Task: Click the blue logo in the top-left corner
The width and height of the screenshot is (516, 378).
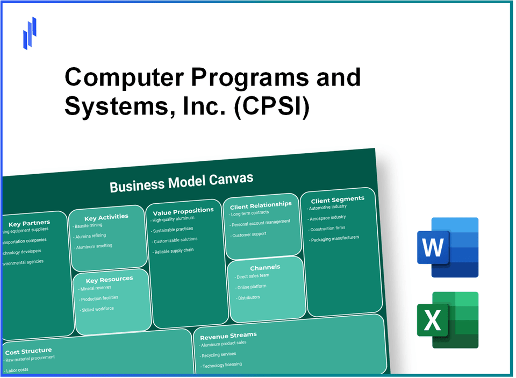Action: click(x=30, y=33)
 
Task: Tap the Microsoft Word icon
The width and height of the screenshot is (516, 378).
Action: click(x=447, y=247)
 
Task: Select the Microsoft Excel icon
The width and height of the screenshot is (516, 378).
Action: click(x=447, y=320)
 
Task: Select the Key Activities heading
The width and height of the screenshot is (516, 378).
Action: click(x=106, y=217)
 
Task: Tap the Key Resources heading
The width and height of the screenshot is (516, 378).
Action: click(x=109, y=279)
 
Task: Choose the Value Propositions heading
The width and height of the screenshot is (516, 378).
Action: click(x=179, y=210)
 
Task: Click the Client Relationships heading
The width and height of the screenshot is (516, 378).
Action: click(x=261, y=205)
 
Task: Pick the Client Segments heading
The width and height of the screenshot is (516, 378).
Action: click(x=337, y=199)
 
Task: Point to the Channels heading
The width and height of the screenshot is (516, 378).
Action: click(x=265, y=267)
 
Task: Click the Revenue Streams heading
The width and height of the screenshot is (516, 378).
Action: click(x=228, y=336)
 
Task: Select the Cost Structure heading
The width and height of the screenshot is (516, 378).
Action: click(x=28, y=351)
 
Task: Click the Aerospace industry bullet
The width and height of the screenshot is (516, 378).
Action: click(x=327, y=218)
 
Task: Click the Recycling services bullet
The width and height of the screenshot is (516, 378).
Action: click(x=218, y=355)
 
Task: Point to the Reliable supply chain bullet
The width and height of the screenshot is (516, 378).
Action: click(x=173, y=251)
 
